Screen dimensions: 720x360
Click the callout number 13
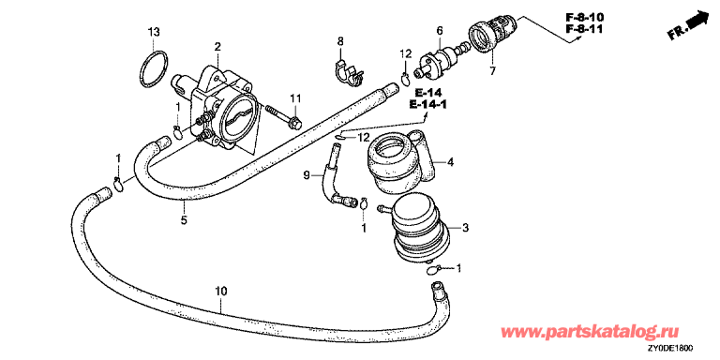154,32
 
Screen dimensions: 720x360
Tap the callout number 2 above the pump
217,46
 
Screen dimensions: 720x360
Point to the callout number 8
340,41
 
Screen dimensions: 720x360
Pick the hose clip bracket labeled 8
348,72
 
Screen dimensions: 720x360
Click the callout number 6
440,31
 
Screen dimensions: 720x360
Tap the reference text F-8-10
585,18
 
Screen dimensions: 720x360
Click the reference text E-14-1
427,105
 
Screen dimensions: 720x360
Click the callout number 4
450,162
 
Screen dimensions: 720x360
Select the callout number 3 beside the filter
465,228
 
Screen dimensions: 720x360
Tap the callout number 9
307,175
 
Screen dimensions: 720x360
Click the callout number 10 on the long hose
221,292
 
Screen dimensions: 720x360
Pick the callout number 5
184,220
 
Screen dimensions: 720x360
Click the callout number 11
294,97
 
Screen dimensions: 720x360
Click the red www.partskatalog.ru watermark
591,332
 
